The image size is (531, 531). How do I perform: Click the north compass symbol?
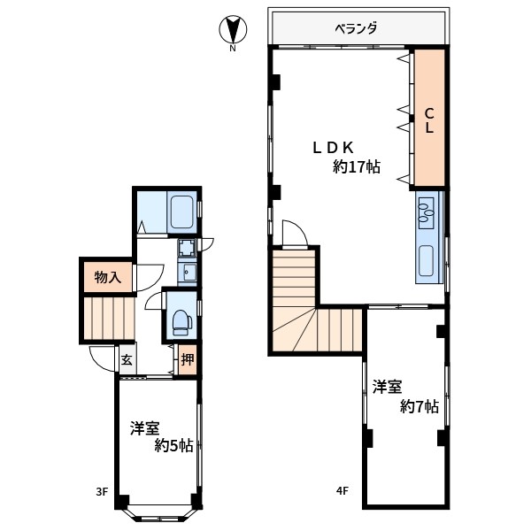point(233,31)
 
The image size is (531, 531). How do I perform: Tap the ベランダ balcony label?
point(356,28)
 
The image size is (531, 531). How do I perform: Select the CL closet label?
point(429,120)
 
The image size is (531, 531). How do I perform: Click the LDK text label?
point(334,148)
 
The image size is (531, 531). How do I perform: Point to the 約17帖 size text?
point(357,167)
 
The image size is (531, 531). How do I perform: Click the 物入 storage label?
point(108,277)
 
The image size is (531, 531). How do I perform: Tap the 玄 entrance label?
point(127,359)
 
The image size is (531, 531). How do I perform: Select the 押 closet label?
point(188,359)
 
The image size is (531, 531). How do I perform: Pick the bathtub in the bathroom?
point(181,212)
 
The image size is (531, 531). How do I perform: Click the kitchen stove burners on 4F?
point(426,212)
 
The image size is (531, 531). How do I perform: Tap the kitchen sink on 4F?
point(426,260)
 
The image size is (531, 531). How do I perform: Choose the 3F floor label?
point(102,491)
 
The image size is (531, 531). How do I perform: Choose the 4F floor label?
point(342,490)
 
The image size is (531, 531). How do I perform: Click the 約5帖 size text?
point(174,445)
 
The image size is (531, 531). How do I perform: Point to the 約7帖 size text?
point(419,406)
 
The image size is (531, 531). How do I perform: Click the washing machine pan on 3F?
point(187,248)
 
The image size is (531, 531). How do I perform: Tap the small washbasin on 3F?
point(187,272)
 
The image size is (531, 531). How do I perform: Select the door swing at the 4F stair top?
point(295,234)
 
